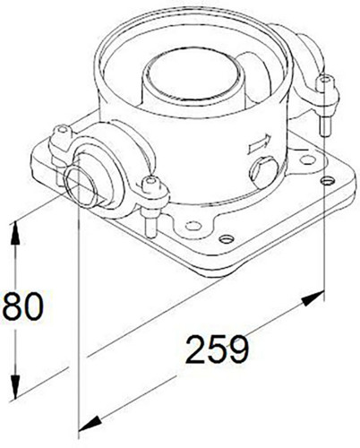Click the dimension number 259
pos(218,349)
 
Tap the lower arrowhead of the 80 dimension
pos(15,386)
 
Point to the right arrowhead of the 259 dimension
pos(313,297)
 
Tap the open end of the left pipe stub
pos(79,185)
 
